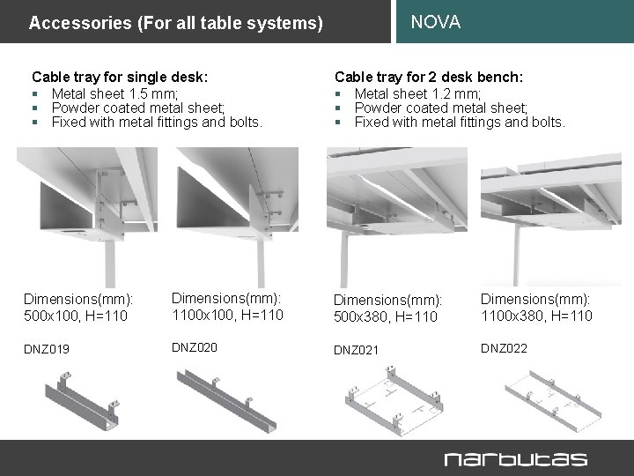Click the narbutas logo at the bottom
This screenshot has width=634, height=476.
pyautogui.click(x=515, y=458)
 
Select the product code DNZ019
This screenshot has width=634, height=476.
pyautogui.click(x=47, y=350)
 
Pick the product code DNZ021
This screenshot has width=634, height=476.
pyautogui.click(x=356, y=351)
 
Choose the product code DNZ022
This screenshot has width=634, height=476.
pyautogui.click(x=504, y=349)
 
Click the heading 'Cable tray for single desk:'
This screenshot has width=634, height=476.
pyautogui.click(x=120, y=78)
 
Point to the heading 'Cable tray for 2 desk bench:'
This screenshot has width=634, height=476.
pyautogui.click(x=429, y=78)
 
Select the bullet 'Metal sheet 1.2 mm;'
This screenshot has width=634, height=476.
pyautogui.click(x=417, y=93)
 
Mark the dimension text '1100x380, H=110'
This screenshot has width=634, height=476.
pyautogui.click(x=536, y=315)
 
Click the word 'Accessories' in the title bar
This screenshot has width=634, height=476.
pyautogui.click(x=70, y=23)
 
